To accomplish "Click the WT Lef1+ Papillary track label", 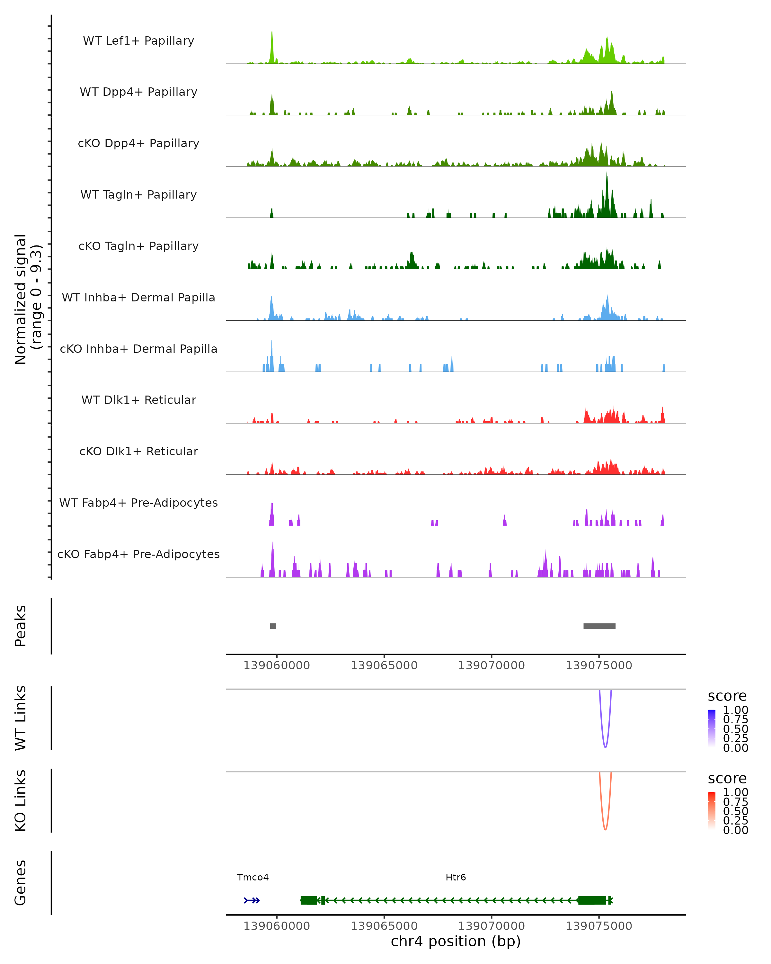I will (138, 41).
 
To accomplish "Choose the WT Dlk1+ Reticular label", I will (138, 400).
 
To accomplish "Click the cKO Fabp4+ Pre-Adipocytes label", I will (138, 554).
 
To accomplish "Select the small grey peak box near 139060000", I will (273, 626).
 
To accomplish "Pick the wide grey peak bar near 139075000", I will (599, 626).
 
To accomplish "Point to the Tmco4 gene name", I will (253, 877).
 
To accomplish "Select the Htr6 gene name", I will (456, 877).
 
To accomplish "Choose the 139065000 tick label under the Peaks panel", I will (384, 665).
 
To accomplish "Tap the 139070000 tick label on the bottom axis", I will (491, 926).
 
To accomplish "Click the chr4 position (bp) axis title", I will (456, 942).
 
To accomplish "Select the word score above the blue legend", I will (727, 696).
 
